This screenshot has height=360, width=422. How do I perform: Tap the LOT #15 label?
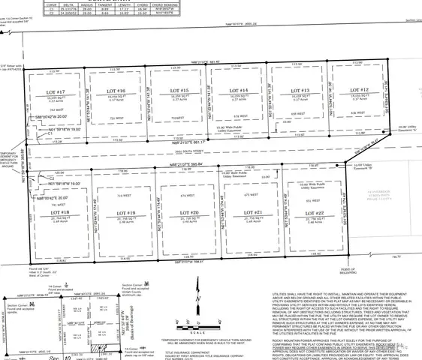point(178,91)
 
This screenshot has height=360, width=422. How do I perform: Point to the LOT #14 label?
point(239,90)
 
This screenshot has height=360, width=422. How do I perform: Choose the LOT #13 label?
point(298,90)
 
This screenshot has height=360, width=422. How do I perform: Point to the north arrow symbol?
point(197,304)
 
